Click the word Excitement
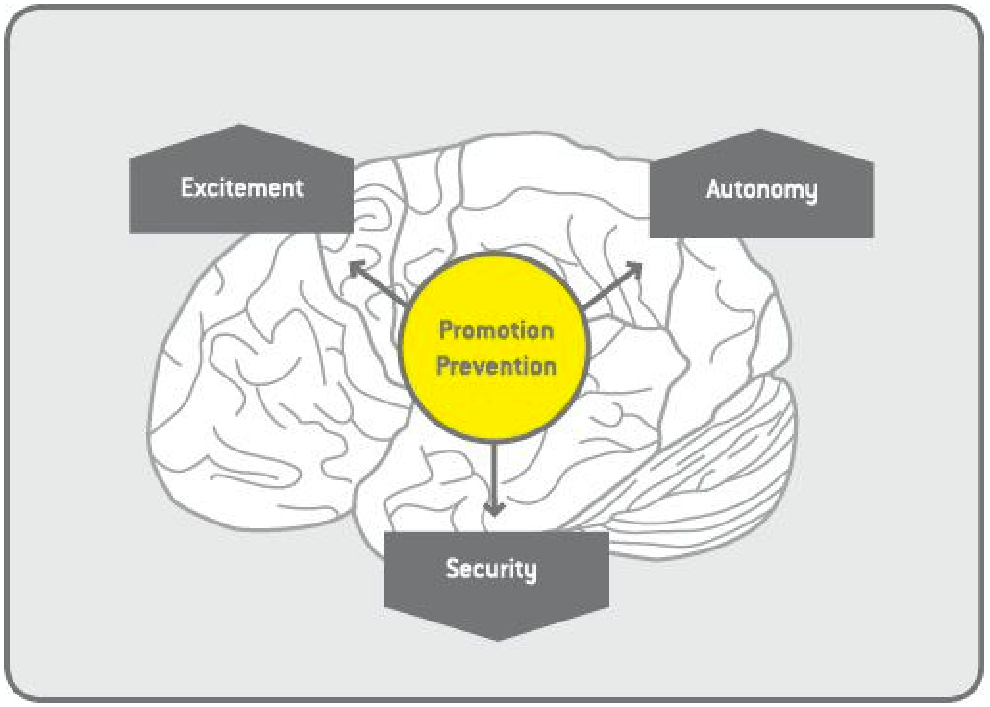coord(241,187)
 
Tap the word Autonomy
coord(761,189)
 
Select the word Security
coord(490,569)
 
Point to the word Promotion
coord(496,331)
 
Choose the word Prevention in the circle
coord(496,366)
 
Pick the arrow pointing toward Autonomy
coord(611,286)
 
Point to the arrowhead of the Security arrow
coord(494,509)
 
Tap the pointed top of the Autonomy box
coord(760,131)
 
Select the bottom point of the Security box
coord(496,639)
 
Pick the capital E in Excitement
coord(187,187)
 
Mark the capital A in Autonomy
coord(714,189)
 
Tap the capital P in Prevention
coord(444,366)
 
